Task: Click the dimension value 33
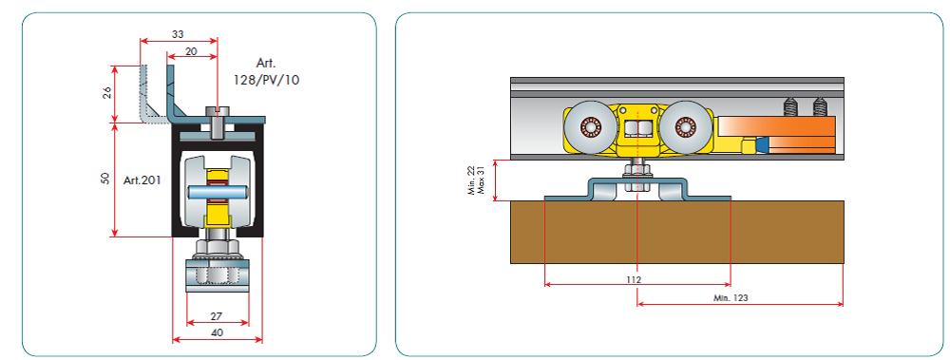(178, 34)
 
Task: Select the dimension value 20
(191, 51)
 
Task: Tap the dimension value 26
(108, 93)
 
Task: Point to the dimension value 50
(106, 179)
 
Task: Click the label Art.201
(142, 180)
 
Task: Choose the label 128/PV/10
(267, 79)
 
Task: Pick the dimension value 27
(218, 315)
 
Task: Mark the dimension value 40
(218, 332)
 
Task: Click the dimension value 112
(635, 279)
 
